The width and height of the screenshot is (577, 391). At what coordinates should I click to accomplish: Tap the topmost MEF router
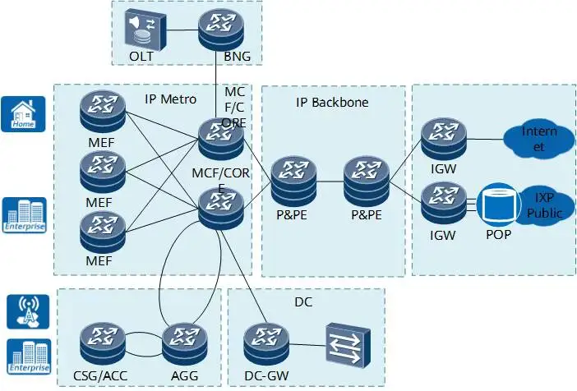click(x=103, y=113)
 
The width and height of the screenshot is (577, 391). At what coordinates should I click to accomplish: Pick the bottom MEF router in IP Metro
click(x=103, y=232)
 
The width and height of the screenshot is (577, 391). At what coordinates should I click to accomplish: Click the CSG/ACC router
click(x=103, y=344)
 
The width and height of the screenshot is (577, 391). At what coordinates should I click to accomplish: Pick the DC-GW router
click(x=266, y=344)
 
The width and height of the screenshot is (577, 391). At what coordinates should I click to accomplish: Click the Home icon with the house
click(x=22, y=113)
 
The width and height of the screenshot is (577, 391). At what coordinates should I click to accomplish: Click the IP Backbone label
click(x=332, y=103)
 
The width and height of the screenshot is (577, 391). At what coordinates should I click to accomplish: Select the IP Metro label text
click(x=170, y=99)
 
